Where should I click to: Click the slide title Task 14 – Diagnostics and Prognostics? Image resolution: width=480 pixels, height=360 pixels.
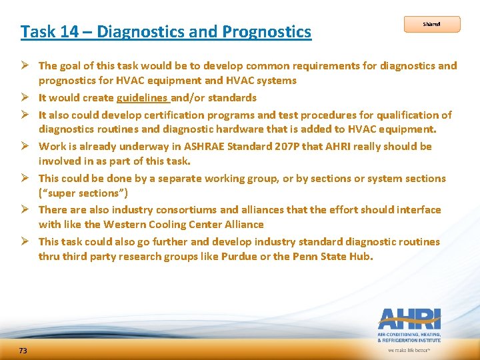165,31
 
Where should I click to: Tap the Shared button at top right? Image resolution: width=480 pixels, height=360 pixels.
432,24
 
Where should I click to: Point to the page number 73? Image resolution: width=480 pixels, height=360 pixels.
23,351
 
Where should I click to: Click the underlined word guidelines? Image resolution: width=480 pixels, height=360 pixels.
143,98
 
